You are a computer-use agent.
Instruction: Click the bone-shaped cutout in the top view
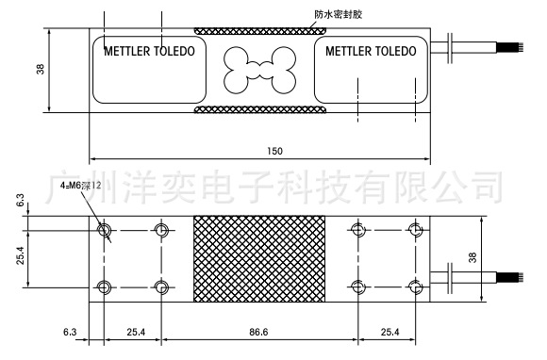pos(256,67)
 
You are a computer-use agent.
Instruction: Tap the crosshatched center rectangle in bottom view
pos(258,258)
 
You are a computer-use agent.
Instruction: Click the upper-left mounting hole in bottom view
pos(104,229)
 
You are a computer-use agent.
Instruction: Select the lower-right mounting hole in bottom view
pos(413,286)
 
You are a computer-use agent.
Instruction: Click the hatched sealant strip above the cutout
pos(257,33)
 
